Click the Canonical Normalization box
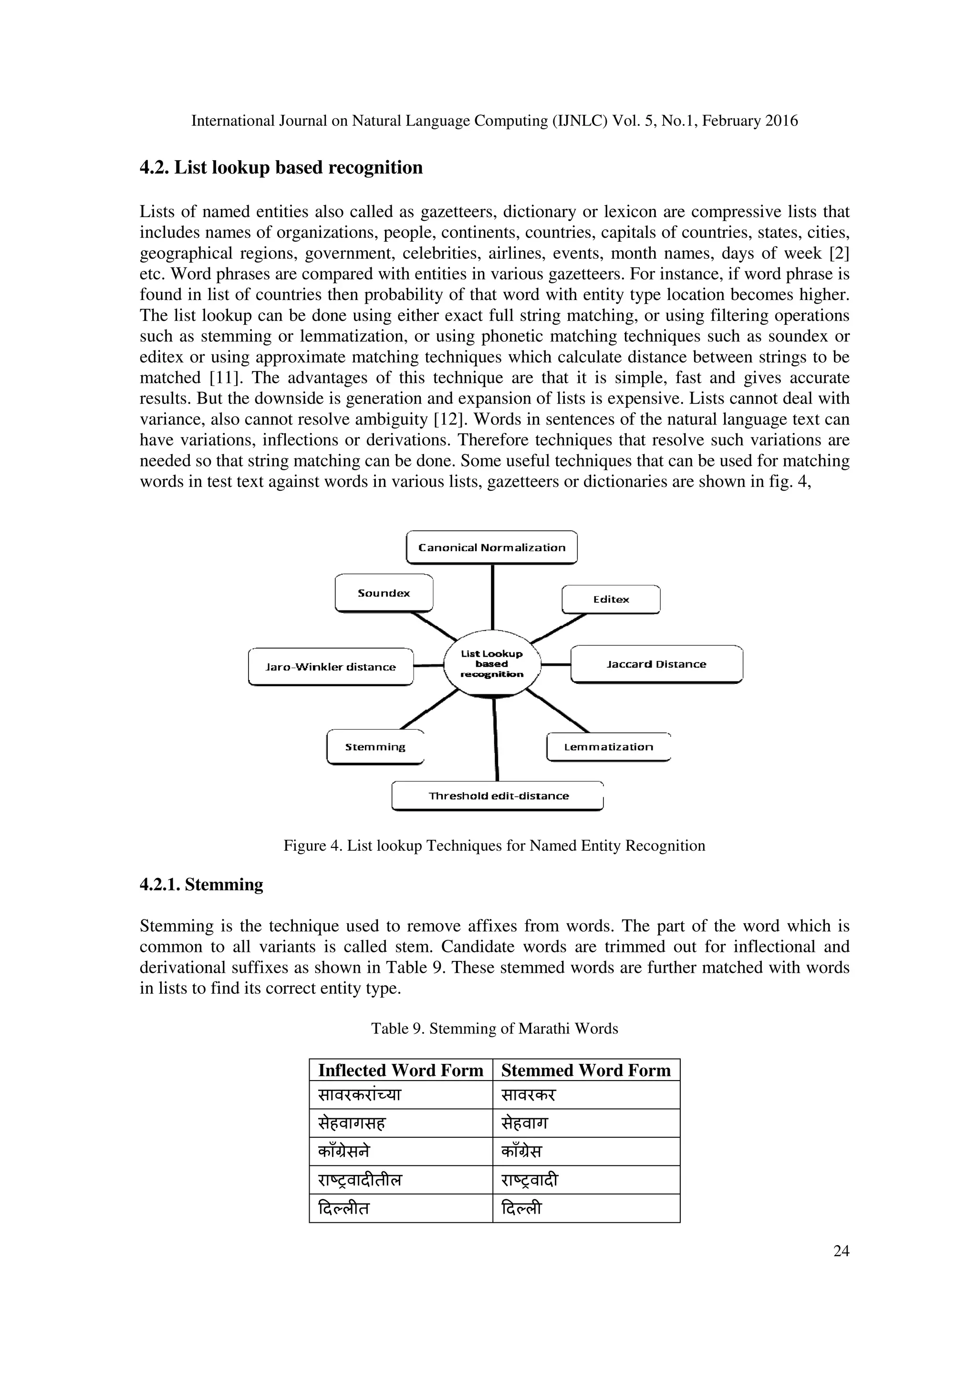[x=492, y=547]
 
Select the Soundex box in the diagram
[x=384, y=593]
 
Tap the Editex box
[x=611, y=599]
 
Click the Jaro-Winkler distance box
[x=331, y=667]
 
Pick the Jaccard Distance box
[x=656, y=664]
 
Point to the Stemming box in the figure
[x=375, y=747]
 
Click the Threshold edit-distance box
[x=498, y=796]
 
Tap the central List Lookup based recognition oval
[x=492, y=664]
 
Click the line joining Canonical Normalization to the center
[x=492, y=596]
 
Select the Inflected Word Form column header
[x=401, y=1070]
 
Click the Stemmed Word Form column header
[x=586, y=1070]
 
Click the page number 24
[x=841, y=1251]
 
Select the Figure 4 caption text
[x=494, y=846]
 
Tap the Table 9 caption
[x=494, y=1028]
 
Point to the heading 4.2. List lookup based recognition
[x=281, y=167]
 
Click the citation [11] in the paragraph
[x=224, y=378]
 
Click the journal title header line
[x=494, y=121]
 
